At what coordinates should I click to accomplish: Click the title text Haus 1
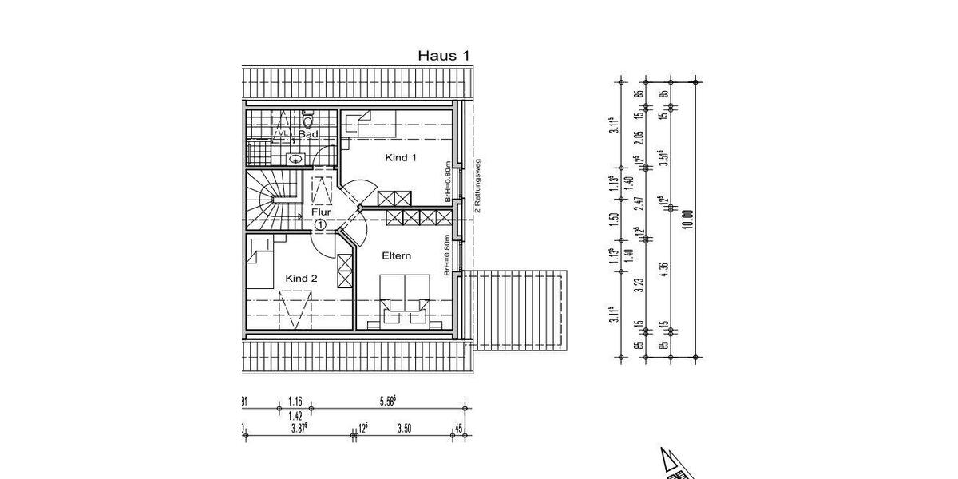point(443,56)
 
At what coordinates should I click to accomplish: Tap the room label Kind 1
point(401,158)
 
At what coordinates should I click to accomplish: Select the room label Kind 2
point(302,279)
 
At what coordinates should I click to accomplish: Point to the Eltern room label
point(396,256)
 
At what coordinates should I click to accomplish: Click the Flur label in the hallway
point(321,212)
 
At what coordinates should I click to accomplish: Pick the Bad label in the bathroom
point(308,135)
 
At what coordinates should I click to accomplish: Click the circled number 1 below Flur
point(320,226)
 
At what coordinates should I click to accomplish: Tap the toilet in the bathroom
point(308,122)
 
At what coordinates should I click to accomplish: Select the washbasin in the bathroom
point(295,158)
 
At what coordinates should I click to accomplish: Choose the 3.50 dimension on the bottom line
point(406,430)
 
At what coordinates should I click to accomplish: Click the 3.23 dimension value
point(638,286)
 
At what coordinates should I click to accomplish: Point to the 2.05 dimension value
point(638,140)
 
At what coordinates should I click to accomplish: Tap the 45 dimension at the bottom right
point(458,430)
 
